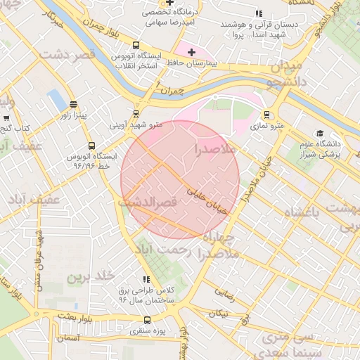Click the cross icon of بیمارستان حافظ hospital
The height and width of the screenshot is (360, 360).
tap(191, 52)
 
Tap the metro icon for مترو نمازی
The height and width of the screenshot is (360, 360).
tap(266, 115)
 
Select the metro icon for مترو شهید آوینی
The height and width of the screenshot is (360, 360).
tap(136, 113)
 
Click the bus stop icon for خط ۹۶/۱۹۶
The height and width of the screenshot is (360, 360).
tap(91, 146)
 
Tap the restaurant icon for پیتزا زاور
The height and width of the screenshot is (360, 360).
tap(73, 104)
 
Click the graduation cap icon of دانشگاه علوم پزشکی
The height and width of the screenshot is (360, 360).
tap(320, 134)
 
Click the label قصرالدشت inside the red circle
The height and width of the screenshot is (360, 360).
tap(148, 202)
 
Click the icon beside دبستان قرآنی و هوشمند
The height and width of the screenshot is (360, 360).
tap(259, 13)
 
